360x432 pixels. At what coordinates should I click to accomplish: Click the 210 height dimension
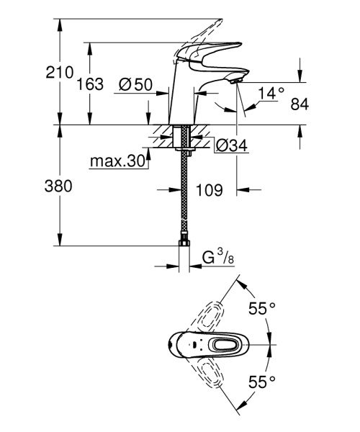(60, 72)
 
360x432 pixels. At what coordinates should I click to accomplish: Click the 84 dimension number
(300, 105)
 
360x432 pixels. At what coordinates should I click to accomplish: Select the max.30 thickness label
(117, 161)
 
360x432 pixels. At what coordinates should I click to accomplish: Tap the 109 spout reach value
(208, 191)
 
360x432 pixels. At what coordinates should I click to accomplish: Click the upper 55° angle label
(262, 309)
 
